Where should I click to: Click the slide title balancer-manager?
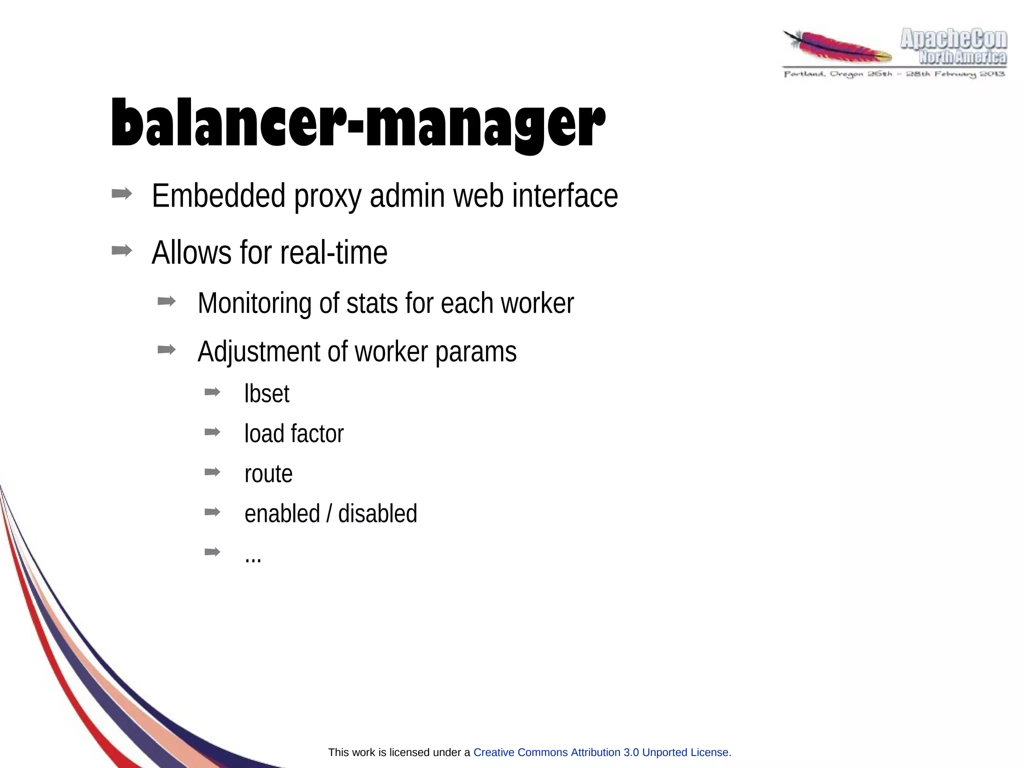pyautogui.click(x=357, y=123)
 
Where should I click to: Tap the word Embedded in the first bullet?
pyautogui.click(x=218, y=195)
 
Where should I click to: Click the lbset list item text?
pyautogui.click(x=266, y=393)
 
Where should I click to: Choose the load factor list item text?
pyautogui.click(x=294, y=433)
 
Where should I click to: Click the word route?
pyautogui.click(x=268, y=474)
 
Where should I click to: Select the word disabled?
pyautogui.click(x=377, y=513)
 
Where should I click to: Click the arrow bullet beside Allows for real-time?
pyautogui.click(x=122, y=250)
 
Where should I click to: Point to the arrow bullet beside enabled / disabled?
pyautogui.click(x=212, y=511)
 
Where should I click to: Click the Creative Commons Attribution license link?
pyautogui.click(x=601, y=752)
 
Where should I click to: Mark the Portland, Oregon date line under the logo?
pyautogui.click(x=894, y=74)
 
